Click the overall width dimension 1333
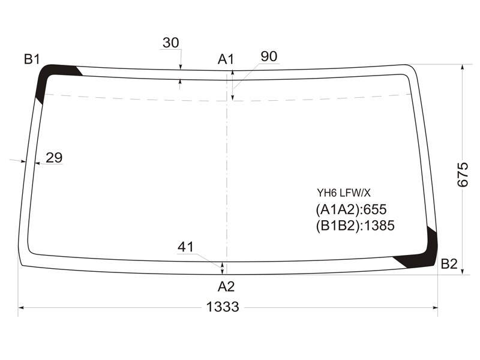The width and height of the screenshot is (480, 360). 223,307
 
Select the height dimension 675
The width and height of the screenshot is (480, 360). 463,175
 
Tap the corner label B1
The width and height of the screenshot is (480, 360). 32,59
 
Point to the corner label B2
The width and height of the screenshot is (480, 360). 449,263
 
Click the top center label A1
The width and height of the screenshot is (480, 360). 226,59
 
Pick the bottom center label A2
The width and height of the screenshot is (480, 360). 226,287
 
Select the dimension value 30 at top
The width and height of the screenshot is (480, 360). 171,43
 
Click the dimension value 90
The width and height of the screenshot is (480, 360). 269,56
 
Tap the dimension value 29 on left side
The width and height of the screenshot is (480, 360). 54,158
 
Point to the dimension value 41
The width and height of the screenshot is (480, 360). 185,247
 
